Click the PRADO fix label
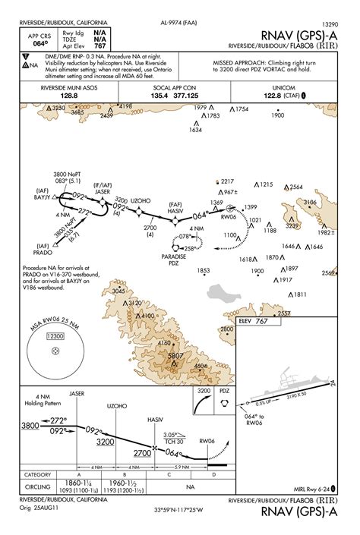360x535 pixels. coord(43,251)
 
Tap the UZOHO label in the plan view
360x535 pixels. coord(140,200)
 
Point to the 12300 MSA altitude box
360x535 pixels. coord(55,335)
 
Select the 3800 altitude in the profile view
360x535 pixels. coord(30,426)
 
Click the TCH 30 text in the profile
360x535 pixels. coord(175,441)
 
